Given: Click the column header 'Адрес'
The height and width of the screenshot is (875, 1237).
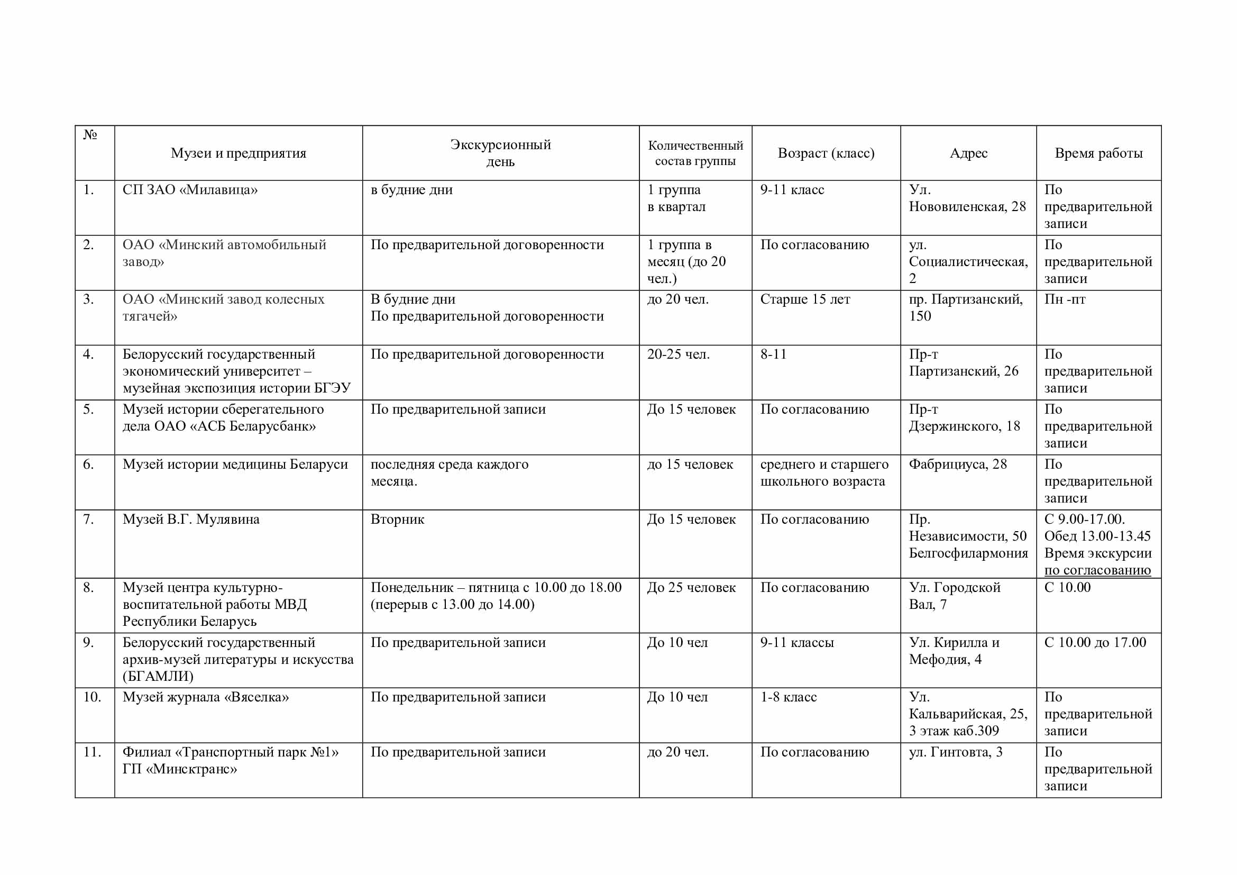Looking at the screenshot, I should tap(968, 153).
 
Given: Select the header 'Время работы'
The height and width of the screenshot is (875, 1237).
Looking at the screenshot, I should tap(1098, 153).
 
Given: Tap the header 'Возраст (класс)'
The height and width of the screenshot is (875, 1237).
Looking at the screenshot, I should tap(826, 153).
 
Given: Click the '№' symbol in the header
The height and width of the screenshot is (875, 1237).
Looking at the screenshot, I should tap(90, 135).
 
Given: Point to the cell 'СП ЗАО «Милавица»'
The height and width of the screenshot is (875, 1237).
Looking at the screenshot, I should tap(190, 190).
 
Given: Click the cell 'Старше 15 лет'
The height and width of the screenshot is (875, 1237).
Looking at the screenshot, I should tap(805, 299).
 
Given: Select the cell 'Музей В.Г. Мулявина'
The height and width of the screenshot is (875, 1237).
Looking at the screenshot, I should tap(191, 519).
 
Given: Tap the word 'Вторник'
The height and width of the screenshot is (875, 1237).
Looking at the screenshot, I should tap(397, 519).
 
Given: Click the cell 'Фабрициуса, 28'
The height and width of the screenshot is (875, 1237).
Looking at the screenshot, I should tap(957, 464).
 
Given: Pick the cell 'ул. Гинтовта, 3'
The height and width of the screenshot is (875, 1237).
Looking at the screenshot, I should tap(955, 752).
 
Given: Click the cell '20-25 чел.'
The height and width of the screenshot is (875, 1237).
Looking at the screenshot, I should tap(679, 354).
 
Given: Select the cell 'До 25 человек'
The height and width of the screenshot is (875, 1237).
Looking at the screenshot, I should tap(691, 588).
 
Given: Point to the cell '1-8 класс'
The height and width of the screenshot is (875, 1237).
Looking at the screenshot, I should tap(788, 697).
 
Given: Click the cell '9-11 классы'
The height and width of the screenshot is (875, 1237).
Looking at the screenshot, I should tap(797, 643).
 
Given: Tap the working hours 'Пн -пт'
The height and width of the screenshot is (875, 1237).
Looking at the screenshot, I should tap(1065, 299).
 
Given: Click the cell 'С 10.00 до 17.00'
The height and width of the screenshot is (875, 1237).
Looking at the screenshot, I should tap(1095, 643).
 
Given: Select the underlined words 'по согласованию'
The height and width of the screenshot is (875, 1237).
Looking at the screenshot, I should tap(1097, 570).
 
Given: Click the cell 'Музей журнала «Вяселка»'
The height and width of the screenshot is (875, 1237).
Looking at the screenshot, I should tap(205, 697).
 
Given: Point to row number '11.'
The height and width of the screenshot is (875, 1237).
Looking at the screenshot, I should tap(92, 752).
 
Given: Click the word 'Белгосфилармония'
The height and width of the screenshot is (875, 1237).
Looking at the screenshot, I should tap(968, 553).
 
